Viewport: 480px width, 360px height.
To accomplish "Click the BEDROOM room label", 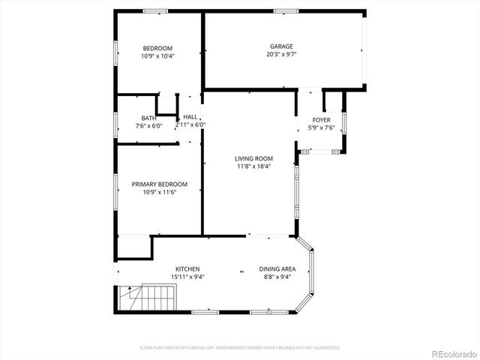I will pos(157,47).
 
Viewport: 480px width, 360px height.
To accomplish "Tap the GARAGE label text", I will pos(281,46).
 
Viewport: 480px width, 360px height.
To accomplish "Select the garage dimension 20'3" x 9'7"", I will pos(281,54).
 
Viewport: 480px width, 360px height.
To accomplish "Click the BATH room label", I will pos(148,118).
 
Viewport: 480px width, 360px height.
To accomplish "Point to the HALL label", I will pos(190,117).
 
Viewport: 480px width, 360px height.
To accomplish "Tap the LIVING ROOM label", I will pos(253,158).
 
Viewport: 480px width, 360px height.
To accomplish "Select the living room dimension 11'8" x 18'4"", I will pos(253,166).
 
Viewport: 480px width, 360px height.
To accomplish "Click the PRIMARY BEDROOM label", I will pos(160,184).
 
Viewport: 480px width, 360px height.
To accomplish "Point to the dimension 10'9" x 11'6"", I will pos(160,192).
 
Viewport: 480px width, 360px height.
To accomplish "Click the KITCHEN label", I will pos(187,268).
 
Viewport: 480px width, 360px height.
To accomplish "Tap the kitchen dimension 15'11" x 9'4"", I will pos(187,277).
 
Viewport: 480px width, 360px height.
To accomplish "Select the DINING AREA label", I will pos(277,268).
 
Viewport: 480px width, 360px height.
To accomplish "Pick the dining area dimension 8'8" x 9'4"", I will pos(277,277).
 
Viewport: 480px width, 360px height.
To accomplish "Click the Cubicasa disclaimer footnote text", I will pos(240,347).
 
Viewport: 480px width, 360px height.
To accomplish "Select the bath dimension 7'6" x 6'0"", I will pos(148,126).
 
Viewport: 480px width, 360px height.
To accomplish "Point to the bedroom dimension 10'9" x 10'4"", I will pos(157,55).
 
